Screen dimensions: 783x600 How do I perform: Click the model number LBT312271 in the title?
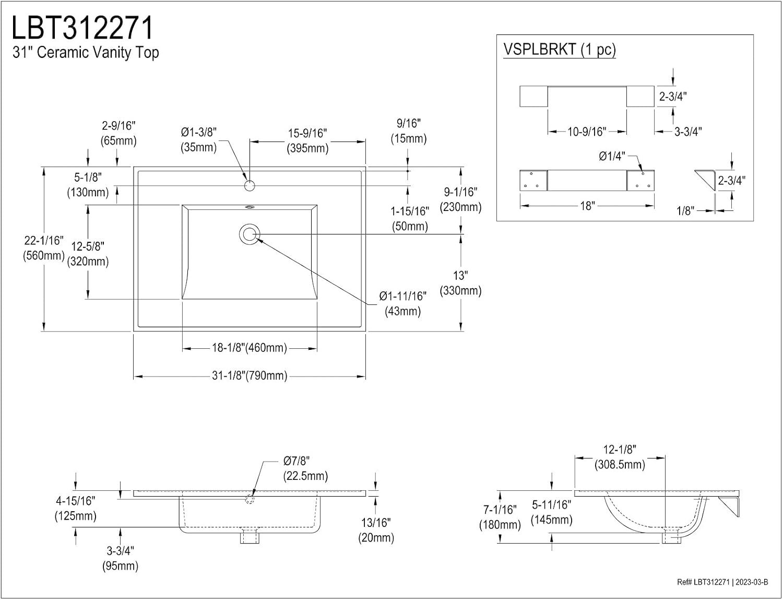pos(83,28)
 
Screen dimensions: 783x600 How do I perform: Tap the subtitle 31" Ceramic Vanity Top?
pos(86,53)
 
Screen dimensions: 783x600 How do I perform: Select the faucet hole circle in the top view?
pos(250,186)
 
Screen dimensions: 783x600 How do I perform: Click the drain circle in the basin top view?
pos(250,234)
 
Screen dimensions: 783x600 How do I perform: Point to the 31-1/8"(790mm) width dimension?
pos(250,376)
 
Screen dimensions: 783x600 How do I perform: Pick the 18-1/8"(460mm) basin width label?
pos(250,348)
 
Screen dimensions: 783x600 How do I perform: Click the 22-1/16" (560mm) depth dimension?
pos(44,248)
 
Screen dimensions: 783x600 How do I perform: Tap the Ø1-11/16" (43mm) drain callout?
pos(403,303)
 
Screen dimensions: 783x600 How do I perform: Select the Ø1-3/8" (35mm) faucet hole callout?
pos(198,140)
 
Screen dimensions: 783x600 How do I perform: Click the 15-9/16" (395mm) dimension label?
pos(307,140)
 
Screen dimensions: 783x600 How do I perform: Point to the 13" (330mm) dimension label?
pos(460,283)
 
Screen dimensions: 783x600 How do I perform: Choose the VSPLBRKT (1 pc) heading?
pos(560,50)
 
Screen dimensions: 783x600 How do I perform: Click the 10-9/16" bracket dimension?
pos(587,132)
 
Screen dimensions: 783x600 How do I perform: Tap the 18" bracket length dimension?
pos(587,206)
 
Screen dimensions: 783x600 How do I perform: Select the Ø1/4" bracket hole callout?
pos(612,156)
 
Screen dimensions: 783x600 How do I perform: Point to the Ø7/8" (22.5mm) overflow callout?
pos(305,468)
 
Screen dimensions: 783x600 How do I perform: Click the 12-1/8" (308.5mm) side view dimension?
pos(620,457)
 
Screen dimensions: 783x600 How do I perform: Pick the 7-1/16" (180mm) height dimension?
pos(500,517)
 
